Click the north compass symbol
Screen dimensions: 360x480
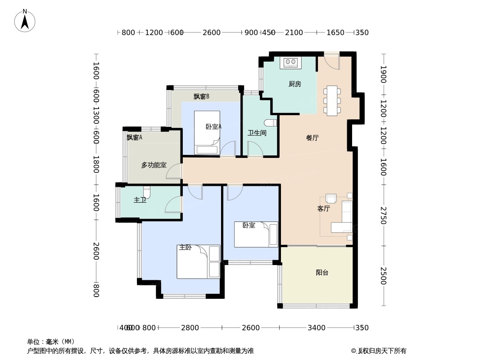(x=25, y=20)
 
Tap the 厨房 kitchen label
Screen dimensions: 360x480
(x=294, y=84)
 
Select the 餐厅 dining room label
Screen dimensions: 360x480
(x=312, y=138)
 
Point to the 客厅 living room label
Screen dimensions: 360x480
(x=323, y=209)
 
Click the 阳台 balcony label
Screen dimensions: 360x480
(x=322, y=273)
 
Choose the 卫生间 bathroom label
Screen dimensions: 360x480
(x=257, y=133)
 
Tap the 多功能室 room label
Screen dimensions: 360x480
(x=154, y=165)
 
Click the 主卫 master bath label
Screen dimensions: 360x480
(x=140, y=200)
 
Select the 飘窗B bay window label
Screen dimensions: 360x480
(x=201, y=96)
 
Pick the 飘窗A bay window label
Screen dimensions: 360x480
(x=134, y=138)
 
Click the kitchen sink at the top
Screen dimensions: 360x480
(x=290, y=63)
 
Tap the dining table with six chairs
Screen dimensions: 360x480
(x=332, y=100)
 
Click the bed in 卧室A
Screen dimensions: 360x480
(x=207, y=133)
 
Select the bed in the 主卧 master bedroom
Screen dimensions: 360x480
(x=198, y=262)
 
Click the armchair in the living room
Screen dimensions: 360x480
(x=331, y=198)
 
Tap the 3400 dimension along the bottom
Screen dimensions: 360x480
(x=316, y=328)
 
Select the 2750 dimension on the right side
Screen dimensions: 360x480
(x=383, y=215)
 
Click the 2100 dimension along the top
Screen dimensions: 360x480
(x=294, y=32)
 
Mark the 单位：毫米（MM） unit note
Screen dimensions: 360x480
(x=51, y=342)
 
